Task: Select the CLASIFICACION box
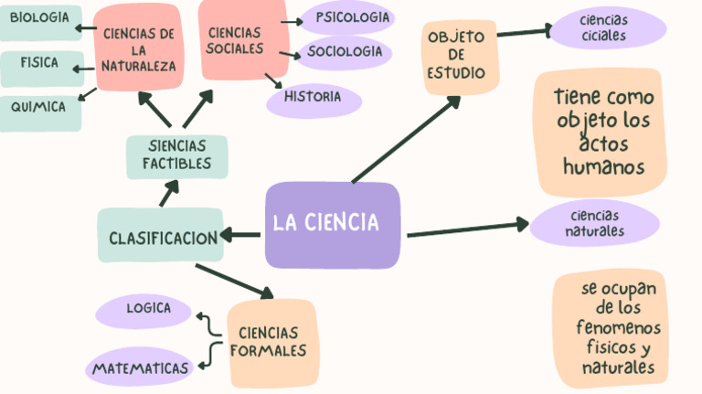coord(162,236)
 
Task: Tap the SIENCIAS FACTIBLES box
coord(176,155)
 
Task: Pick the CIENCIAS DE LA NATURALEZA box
coord(138,48)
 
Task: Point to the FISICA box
coord(40,64)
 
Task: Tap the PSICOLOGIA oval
coord(347,17)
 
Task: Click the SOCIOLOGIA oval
coord(345,52)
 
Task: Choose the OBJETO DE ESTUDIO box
coord(461,55)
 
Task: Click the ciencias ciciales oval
coord(603,28)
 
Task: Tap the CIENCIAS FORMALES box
coord(271,343)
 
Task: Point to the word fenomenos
coord(618,327)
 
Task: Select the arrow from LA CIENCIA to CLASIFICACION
coord(240,236)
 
